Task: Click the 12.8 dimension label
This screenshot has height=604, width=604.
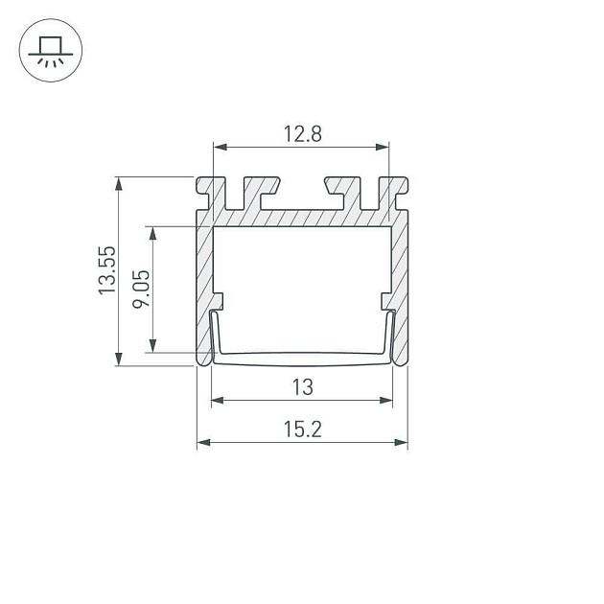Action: pyautogui.click(x=302, y=134)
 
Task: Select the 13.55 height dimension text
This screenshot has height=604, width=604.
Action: pyautogui.click(x=107, y=270)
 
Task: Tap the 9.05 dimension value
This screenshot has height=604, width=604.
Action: pyautogui.click(x=141, y=289)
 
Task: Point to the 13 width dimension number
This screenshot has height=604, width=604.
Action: pyautogui.click(x=303, y=387)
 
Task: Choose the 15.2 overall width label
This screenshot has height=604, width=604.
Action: pyautogui.click(x=302, y=430)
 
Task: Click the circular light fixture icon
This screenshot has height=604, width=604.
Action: pyautogui.click(x=51, y=50)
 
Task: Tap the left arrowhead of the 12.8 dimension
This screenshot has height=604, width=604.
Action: pyautogui.click(x=220, y=147)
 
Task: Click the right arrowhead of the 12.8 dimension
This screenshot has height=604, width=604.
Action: pyautogui.click(x=383, y=147)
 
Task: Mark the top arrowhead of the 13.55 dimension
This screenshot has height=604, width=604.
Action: pyautogui.click(x=119, y=184)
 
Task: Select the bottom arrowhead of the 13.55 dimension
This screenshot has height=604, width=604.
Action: pyautogui.click(x=119, y=359)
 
